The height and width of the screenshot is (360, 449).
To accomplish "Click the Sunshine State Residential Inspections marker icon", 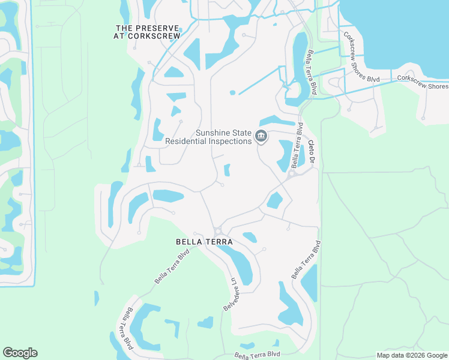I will coord(261,137).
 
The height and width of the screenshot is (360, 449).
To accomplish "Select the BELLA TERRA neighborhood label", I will coord(204,241).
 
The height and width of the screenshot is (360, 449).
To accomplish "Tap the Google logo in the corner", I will coord(20,353).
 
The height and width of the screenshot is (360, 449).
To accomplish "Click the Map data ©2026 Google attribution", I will coord(412,355).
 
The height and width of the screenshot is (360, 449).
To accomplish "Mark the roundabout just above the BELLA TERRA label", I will coord(217,231).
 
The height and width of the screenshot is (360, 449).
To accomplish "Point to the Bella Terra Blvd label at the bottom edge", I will coord(258,355).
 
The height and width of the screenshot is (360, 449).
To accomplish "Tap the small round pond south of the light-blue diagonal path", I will coord(232,92).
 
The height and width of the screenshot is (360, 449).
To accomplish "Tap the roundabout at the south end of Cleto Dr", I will coord(290,175).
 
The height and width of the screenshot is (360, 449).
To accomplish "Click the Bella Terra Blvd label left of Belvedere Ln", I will coord(172,266).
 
